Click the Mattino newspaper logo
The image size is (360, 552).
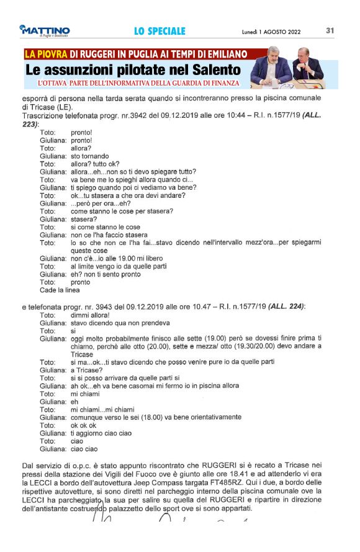(x=44, y=30)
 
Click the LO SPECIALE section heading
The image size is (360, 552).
(x=160, y=31)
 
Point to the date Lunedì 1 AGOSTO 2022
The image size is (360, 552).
(x=271, y=31)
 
